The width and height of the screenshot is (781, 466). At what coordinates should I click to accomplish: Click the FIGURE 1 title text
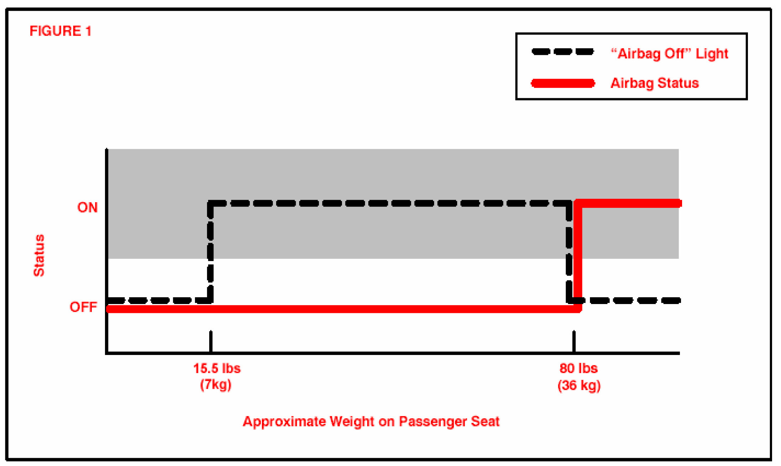[60, 31]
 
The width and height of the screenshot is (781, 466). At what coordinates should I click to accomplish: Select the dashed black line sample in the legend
[563, 52]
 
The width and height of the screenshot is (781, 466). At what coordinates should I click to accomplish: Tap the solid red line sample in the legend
[563, 83]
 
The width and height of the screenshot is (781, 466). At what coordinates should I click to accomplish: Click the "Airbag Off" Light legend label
[669, 54]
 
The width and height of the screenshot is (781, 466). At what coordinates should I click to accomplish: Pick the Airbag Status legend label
[654, 83]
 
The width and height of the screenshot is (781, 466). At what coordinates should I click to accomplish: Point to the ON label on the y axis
[87, 207]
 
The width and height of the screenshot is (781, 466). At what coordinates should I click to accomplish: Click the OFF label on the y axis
[83, 307]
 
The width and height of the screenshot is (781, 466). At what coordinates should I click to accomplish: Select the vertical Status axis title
[39, 255]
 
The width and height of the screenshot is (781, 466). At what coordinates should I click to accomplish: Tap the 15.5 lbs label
[217, 368]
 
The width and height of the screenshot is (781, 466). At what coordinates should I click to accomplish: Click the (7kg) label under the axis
[216, 385]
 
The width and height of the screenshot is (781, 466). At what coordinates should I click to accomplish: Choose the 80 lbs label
[578, 368]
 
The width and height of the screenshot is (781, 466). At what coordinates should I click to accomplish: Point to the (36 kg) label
[579, 386]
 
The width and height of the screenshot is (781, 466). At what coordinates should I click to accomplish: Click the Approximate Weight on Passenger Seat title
[371, 422]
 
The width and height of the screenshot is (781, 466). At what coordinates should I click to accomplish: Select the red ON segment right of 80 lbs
[630, 203]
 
